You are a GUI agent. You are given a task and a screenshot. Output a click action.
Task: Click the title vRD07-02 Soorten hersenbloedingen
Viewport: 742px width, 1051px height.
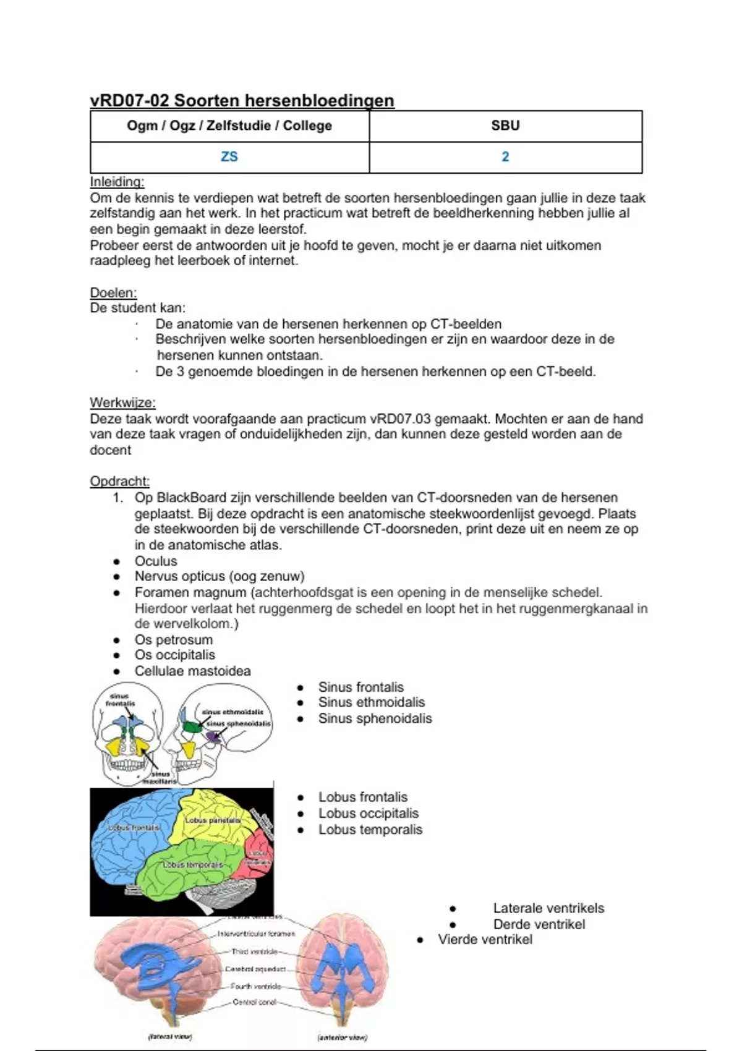click(242, 100)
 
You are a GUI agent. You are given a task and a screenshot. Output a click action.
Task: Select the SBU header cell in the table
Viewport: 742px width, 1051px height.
click(505, 126)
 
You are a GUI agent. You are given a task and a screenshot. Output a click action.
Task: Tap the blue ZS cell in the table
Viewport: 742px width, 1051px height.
click(229, 157)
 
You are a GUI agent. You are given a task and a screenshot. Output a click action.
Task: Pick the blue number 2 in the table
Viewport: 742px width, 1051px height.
click(505, 157)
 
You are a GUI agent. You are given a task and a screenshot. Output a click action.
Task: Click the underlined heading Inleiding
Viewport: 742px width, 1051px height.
click(117, 182)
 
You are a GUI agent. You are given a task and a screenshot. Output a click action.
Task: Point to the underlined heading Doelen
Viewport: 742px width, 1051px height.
click(113, 292)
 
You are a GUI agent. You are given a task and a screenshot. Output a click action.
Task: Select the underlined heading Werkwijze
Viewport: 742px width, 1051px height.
click(122, 402)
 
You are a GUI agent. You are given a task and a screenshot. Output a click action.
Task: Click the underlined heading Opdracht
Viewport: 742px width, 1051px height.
click(119, 481)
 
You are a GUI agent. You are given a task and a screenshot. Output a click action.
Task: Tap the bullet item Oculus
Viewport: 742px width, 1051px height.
click(156, 561)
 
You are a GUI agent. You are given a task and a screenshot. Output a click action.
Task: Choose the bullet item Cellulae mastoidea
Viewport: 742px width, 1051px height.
click(192, 671)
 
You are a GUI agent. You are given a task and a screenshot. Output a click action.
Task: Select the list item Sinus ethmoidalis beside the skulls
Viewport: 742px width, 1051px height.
click(371, 702)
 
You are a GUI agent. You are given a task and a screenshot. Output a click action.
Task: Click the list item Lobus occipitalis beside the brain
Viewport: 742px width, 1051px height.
click(368, 814)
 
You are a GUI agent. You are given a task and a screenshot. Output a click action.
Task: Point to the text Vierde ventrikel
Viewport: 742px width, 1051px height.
click(485, 940)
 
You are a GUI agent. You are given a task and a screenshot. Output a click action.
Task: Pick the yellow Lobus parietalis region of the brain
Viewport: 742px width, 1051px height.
click(210, 819)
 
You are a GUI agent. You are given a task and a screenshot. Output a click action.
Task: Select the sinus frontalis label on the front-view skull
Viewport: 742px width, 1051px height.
click(120, 700)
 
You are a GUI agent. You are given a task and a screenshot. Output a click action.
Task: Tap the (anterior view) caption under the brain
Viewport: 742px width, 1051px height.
click(342, 1037)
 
